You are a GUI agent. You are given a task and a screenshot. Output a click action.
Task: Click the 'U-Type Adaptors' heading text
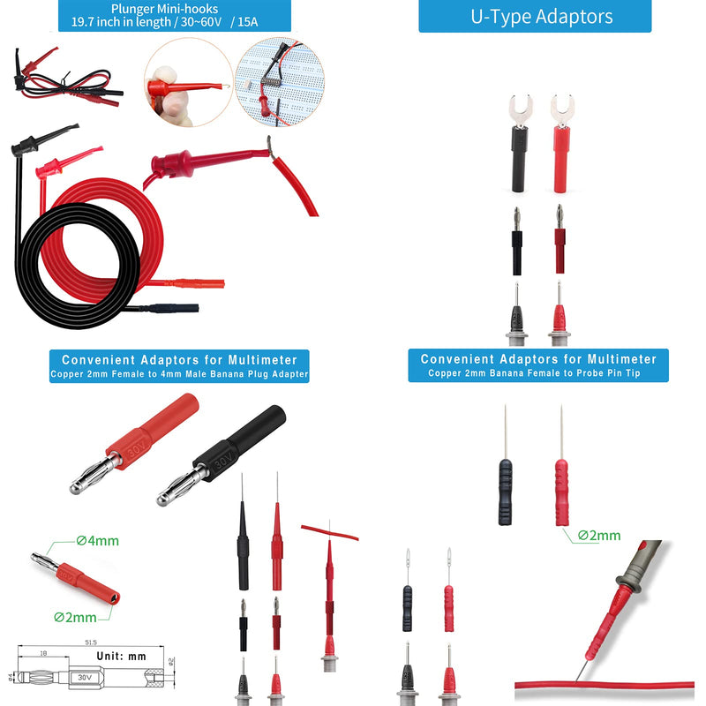click(x=541, y=17)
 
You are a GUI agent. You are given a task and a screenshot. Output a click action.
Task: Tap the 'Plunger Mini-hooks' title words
click(x=164, y=9)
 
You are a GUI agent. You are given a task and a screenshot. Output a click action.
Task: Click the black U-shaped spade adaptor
click(x=520, y=143)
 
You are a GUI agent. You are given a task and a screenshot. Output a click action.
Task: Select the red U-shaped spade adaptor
click(x=561, y=143)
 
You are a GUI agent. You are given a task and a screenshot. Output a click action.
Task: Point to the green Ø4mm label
click(x=97, y=540)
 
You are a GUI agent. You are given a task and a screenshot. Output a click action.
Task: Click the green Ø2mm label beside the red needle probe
click(x=599, y=536)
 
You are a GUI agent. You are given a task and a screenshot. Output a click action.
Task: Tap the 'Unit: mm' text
click(x=121, y=656)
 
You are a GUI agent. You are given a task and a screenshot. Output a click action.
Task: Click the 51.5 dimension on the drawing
click(x=91, y=642)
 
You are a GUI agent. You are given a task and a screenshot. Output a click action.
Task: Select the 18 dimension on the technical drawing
click(x=43, y=653)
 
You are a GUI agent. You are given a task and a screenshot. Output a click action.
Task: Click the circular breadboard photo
click(x=280, y=82)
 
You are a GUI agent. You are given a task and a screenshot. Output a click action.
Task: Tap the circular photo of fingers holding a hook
click(x=189, y=82)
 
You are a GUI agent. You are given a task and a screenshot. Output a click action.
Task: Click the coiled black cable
click(x=78, y=266)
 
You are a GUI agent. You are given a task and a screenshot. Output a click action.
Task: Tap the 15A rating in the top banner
click(x=248, y=22)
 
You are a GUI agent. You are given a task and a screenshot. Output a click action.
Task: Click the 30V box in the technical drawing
click(x=85, y=677)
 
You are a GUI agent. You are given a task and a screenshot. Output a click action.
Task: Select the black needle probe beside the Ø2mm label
click(x=505, y=465)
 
